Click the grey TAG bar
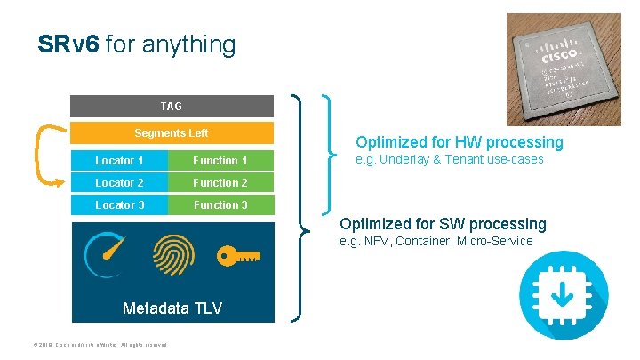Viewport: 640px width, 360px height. click(x=172, y=107)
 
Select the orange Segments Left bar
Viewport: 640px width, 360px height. click(x=172, y=133)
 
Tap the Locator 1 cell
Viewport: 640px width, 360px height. click(x=120, y=161)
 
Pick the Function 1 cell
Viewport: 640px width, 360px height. click(x=220, y=161)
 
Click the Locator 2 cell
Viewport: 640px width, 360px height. click(x=120, y=183)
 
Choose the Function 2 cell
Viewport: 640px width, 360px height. click(x=220, y=183)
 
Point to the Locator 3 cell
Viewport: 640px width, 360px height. click(x=120, y=205)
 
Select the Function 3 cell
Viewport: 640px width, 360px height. click(x=220, y=205)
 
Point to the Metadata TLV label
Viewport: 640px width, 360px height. click(x=172, y=308)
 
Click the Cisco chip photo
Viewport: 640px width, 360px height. click(x=564, y=69)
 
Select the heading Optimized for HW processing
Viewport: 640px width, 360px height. click(x=459, y=142)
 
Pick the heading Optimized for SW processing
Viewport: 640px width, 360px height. click(x=443, y=224)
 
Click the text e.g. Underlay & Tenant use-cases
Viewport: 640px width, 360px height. click(x=449, y=160)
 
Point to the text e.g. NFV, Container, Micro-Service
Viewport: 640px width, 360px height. click(x=436, y=241)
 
